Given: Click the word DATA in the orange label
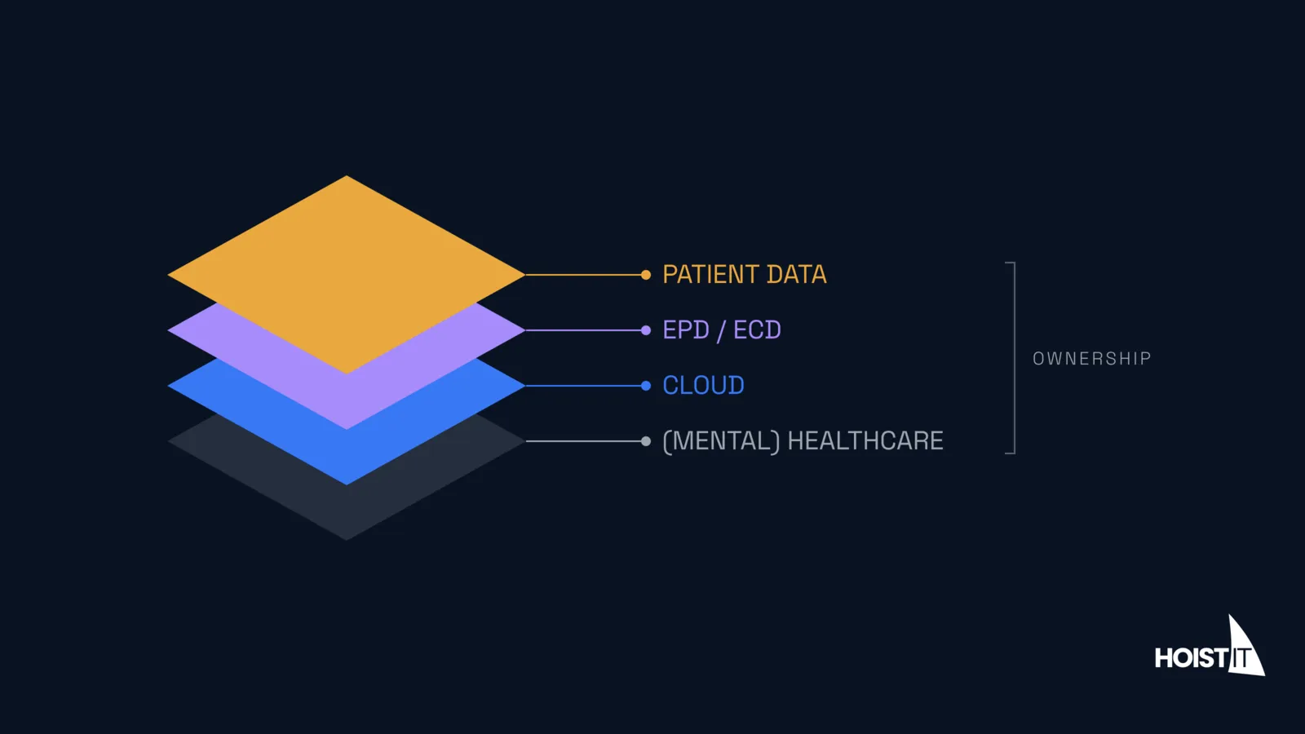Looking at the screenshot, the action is click(796, 274).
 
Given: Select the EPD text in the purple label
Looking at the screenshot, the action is click(686, 330).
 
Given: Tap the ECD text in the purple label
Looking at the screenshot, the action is click(757, 330).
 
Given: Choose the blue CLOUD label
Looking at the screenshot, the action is click(703, 386).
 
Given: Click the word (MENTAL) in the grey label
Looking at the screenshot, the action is click(721, 441).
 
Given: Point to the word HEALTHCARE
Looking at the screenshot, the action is click(865, 441).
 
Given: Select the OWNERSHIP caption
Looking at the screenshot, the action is click(1092, 358).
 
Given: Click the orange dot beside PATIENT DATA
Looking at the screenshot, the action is click(645, 274).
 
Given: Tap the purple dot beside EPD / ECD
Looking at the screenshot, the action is click(645, 330).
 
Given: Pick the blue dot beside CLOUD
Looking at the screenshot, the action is click(645, 386).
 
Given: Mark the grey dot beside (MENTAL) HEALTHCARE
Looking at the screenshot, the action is click(645, 441).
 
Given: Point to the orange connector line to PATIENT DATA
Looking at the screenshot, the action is click(583, 274).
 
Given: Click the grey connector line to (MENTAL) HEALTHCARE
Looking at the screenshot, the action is click(583, 441).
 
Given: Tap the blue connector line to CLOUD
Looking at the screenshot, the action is click(583, 386).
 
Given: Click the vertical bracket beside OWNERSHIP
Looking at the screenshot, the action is click(1015, 358).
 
